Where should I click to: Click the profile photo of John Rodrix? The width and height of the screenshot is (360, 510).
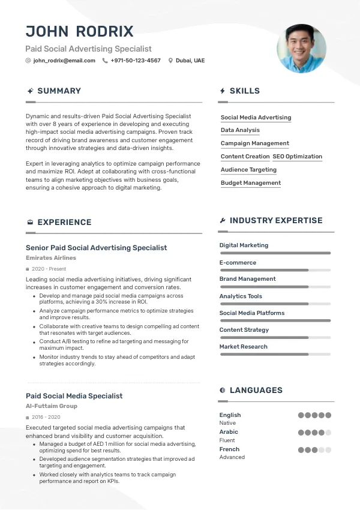click(x=301, y=49)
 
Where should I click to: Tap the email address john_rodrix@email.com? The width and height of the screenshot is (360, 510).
click(x=64, y=61)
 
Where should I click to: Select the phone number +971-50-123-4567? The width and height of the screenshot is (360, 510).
click(x=136, y=61)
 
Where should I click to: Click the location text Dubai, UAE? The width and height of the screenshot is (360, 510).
click(x=190, y=61)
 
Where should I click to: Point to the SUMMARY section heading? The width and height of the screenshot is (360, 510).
click(x=59, y=91)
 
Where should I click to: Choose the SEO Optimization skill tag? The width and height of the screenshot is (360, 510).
click(x=297, y=157)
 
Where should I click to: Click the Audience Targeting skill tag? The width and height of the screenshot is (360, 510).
click(x=248, y=170)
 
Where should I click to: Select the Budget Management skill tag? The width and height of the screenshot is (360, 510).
click(x=250, y=183)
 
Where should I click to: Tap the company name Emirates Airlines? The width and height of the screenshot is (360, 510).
click(x=51, y=258)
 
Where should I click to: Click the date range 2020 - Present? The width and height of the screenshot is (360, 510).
click(x=49, y=269)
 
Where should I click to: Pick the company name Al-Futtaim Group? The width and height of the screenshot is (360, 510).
click(x=52, y=406)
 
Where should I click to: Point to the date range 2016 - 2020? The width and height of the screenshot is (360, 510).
click(x=46, y=417)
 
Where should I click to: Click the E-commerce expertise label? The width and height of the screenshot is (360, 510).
click(x=238, y=263)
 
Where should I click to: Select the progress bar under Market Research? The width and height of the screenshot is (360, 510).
click(x=275, y=355)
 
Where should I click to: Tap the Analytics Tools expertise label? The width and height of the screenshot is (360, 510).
click(x=241, y=296)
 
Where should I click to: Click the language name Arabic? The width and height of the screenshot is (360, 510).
click(x=229, y=432)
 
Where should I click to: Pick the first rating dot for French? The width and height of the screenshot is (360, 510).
click(x=301, y=449)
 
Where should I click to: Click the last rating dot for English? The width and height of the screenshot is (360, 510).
click(x=328, y=415)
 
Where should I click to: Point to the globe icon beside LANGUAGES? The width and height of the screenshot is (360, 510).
click(x=223, y=391)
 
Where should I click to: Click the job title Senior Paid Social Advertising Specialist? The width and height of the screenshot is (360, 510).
click(x=96, y=248)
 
